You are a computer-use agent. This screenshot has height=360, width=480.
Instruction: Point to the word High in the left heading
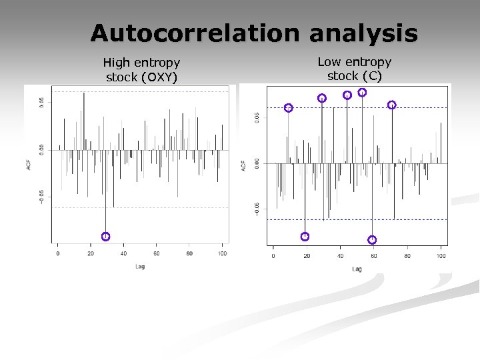116,63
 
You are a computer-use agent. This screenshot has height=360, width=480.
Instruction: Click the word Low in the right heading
329,62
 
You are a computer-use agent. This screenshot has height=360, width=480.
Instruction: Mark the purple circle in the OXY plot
105,236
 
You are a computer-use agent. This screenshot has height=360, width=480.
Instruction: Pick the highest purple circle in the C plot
362,93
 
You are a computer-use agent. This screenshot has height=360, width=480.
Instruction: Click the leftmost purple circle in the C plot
288,108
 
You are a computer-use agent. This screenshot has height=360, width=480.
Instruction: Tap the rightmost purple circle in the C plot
391,105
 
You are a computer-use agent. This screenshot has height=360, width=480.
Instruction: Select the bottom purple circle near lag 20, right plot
305,237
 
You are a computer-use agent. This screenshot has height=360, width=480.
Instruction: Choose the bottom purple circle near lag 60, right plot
372,239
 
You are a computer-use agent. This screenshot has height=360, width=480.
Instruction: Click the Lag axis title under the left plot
139,267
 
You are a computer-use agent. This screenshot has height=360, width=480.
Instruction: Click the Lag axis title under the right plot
357,269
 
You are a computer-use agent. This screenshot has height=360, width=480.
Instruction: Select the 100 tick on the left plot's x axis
222,253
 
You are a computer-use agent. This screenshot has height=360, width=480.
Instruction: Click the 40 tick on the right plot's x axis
340,256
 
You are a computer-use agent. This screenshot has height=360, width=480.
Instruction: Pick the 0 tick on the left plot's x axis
58,253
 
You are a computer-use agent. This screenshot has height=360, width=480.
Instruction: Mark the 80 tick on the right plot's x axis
407,256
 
